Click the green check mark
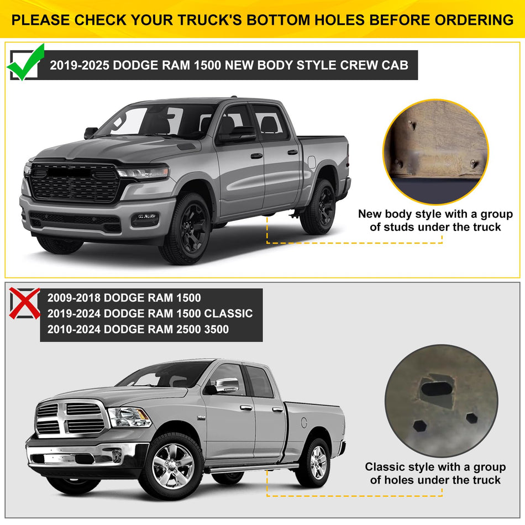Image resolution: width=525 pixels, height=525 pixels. tap(25, 62)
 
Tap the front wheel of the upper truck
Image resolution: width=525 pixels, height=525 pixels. tap(185, 227)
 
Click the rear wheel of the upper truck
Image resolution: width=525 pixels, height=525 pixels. tap(319, 206)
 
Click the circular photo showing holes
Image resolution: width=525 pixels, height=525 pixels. tap(440, 401)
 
